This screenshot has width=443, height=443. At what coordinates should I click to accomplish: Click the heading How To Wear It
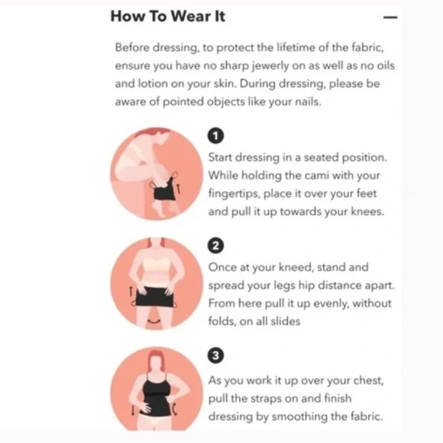point(168,16)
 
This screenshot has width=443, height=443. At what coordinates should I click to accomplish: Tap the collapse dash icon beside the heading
point(390,18)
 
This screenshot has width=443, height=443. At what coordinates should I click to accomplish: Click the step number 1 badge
point(215,136)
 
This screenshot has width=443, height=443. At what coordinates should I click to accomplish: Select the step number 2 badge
point(215,245)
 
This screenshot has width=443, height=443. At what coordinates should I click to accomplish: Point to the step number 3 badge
point(215,355)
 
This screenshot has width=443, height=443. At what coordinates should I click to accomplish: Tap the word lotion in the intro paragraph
point(153,83)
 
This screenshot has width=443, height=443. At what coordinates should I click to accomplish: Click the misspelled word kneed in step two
point(296,267)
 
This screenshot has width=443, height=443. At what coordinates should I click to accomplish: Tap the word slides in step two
point(286,322)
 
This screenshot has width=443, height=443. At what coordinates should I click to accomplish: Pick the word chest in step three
point(369,381)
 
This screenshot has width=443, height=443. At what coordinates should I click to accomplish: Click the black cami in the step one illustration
point(164,189)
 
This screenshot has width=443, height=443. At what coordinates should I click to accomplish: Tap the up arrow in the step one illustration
point(178,189)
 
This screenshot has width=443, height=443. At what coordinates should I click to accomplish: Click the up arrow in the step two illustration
point(131,291)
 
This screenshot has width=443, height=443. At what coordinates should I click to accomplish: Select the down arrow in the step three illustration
point(133,410)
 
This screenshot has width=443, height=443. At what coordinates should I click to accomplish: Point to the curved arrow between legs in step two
point(154,322)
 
